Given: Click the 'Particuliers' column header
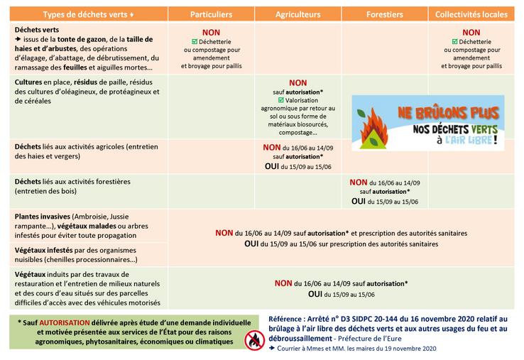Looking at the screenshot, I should click(211, 15).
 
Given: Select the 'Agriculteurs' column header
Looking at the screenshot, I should click(299, 15).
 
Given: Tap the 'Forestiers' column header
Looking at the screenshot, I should click(385, 15).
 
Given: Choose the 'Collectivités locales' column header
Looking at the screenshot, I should click(471, 15).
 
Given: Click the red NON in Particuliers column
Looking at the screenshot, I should click(211, 33).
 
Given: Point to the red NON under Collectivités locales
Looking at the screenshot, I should click(471, 33).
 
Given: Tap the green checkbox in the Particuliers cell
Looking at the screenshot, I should click(186, 42).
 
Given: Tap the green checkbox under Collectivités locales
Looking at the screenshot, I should click(447, 42).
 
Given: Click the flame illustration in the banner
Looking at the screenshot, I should click(374, 126).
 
